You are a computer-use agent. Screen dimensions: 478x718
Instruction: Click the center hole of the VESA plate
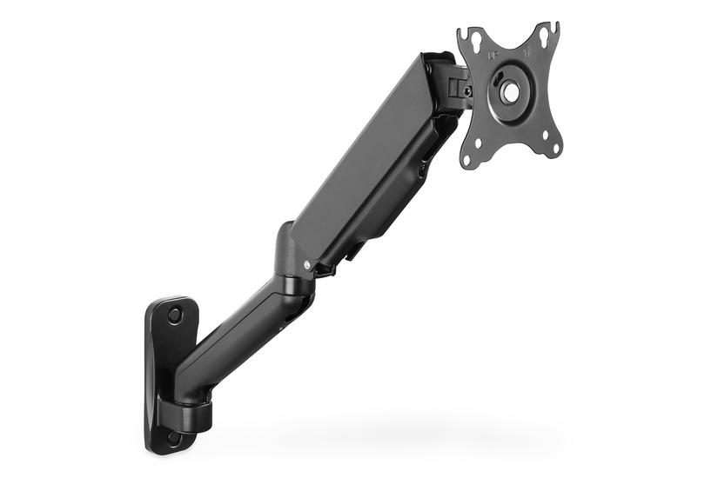coord(510,90)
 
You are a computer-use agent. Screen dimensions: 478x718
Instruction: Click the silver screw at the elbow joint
coord(306,265)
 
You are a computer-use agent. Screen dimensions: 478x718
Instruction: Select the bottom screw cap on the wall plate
coord(175,439)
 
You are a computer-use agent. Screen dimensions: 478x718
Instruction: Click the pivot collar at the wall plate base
coord(186,413)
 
